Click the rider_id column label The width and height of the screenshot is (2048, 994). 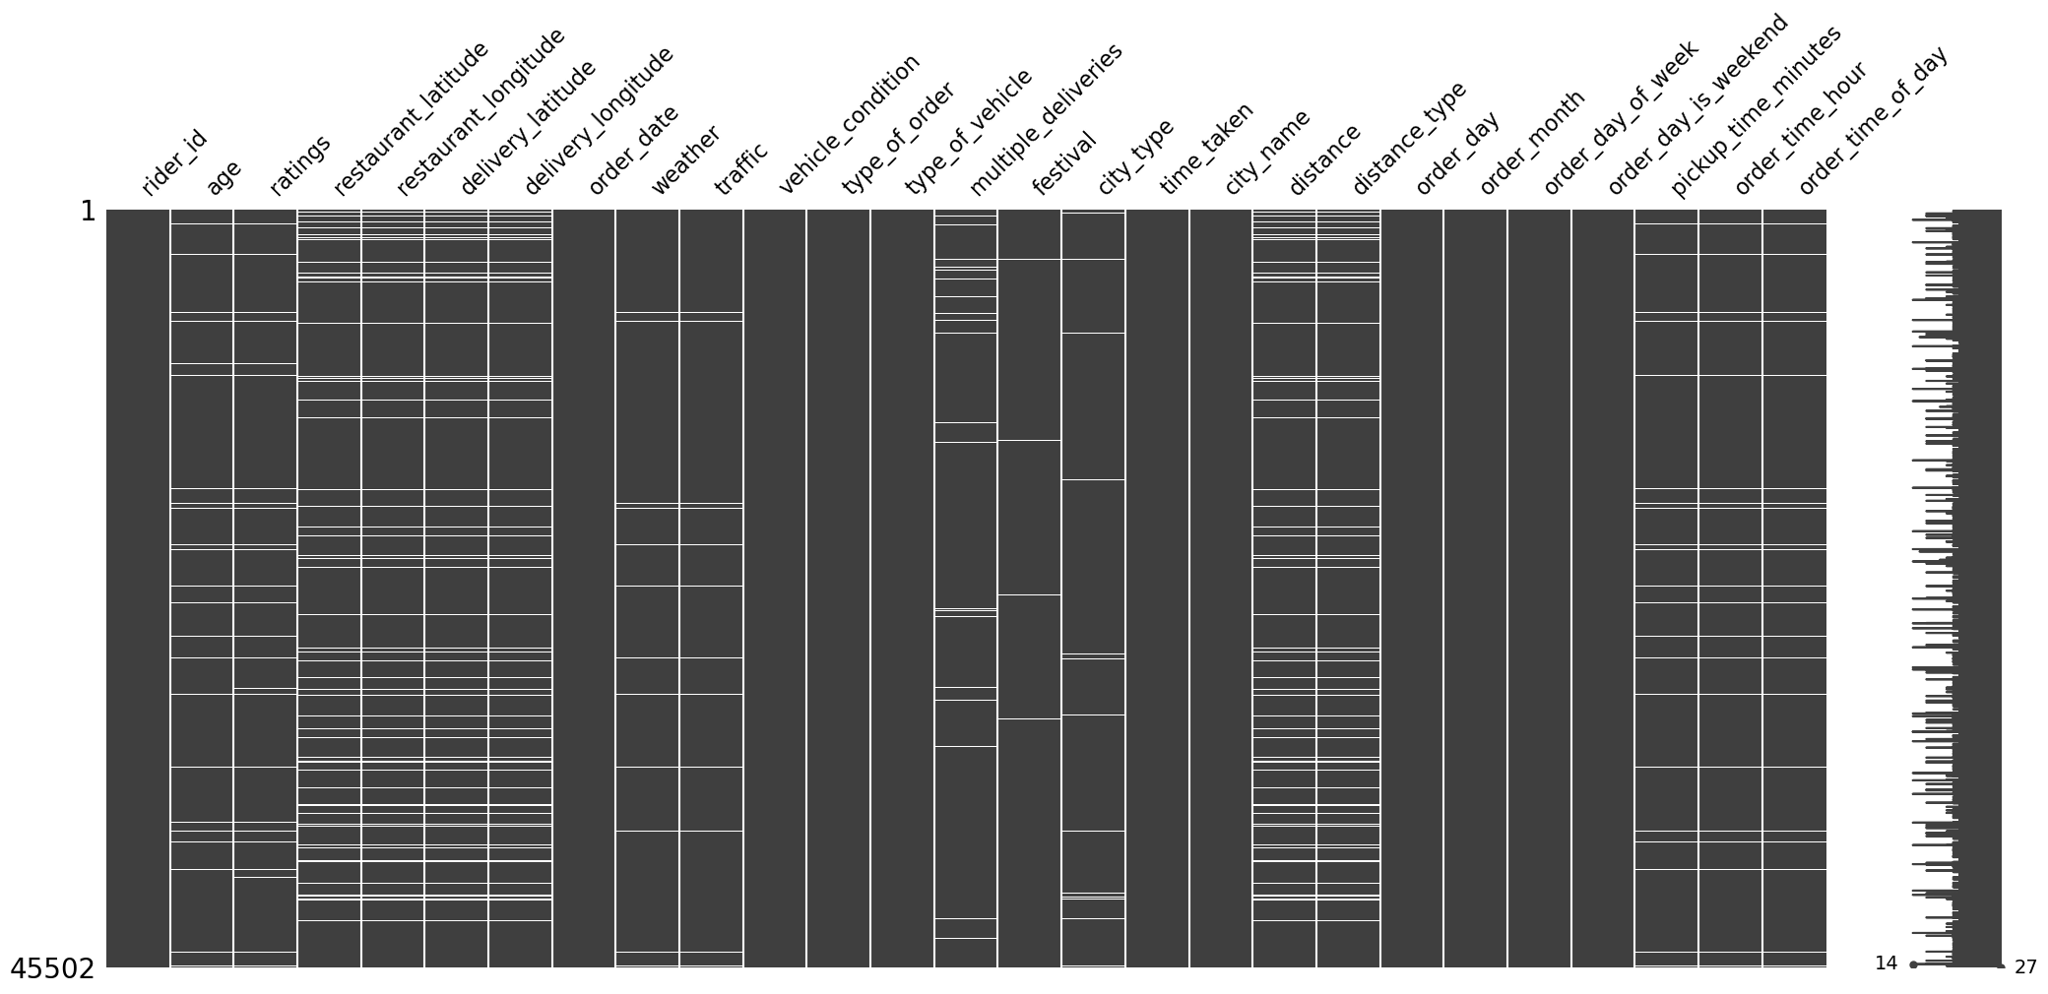(x=174, y=162)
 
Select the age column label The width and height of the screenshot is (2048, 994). (x=224, y=177)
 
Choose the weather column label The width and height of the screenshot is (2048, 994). (x=685, y=160)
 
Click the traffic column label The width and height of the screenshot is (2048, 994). (x=740, y=168)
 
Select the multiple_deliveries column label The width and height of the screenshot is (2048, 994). (x=1046, y=118)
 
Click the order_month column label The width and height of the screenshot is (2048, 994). (x=1532, y=143)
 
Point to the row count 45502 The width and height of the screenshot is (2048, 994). (x=52, y=969)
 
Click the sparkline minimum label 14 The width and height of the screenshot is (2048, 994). (x=1885, y=963)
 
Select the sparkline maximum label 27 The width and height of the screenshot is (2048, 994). (x=2024, y=966)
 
